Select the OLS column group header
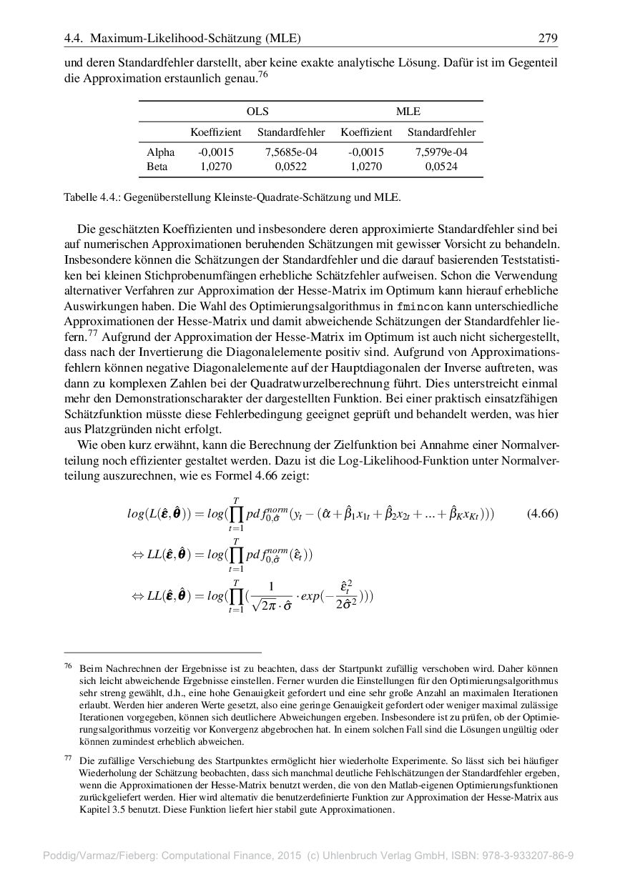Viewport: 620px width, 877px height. tap(257, 112)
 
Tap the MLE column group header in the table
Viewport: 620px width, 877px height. tap(408, 112)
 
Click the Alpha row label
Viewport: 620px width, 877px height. tap(160, 152)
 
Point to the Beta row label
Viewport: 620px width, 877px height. tap(157, 167)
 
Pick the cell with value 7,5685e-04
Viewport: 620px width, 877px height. tap(291, 152)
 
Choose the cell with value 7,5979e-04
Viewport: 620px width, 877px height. tap(441, 152)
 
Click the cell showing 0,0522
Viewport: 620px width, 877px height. tap(291, 167)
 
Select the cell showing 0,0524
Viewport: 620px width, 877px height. tap(441, 167)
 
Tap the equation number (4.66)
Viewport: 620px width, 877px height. tap(541, 514)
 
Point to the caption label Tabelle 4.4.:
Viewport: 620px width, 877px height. tap(92, 197)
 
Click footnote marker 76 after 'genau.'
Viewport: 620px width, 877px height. tap(263, 74)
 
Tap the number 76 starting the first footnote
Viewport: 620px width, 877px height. tap(69, 666)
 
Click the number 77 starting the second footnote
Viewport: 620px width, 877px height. tap(69, 760)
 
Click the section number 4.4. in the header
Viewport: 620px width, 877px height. tap(74, 38)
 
